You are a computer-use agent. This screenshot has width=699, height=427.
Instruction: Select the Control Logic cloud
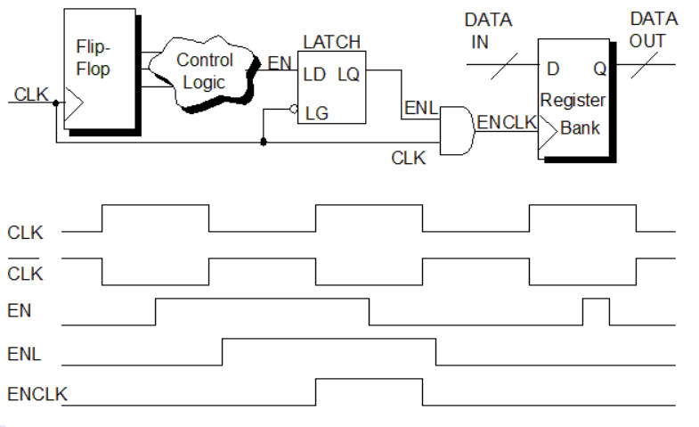205,70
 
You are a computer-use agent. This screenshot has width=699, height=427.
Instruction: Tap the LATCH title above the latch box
331,43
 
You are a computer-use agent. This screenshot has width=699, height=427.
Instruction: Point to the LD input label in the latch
314,75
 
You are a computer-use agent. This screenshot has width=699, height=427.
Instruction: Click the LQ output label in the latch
348,75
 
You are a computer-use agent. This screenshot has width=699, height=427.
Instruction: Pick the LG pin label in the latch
317,113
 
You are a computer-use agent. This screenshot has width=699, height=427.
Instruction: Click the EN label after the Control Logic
280,63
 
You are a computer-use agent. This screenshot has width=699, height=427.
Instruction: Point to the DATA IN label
489,29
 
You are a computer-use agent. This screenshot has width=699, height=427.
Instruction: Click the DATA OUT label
654,29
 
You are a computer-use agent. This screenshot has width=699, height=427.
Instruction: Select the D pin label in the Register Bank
553,69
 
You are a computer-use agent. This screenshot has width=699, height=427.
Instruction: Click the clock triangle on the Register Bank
547,128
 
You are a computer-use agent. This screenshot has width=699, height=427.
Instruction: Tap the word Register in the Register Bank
573,100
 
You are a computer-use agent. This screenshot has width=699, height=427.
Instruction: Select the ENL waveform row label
24,354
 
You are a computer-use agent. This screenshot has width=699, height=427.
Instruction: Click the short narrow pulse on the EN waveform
596,311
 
